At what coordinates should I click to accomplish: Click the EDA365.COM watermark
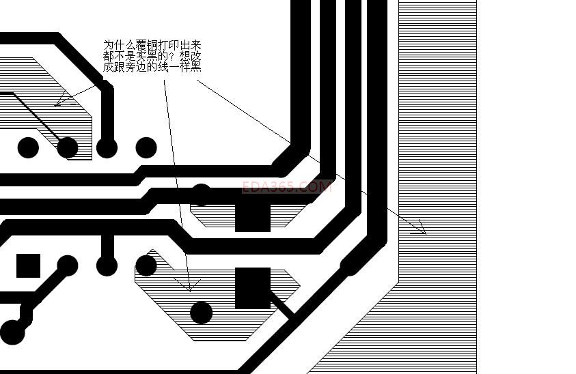pos(287,186)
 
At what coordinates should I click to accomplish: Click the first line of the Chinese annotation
pos(152,45)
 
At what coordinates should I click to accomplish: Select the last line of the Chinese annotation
pos(152,67)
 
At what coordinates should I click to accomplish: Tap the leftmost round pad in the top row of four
pos(28,147)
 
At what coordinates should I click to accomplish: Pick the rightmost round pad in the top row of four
pos(146,147)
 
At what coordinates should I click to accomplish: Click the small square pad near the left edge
pos(28,265)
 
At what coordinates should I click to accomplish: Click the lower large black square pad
pos(253,287)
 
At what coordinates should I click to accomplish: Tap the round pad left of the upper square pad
pos(201,195)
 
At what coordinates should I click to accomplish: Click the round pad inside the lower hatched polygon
pos(201,313)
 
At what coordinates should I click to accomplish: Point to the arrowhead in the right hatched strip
pos(418,229)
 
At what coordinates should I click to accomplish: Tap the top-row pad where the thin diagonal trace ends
pos(67,147)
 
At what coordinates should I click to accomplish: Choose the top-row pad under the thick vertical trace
pos(107,147)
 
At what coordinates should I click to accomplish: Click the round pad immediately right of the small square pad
pos(67,265)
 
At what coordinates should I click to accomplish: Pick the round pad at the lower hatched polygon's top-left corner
pos(146,265)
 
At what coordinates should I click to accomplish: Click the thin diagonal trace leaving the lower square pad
pos(283,304)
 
